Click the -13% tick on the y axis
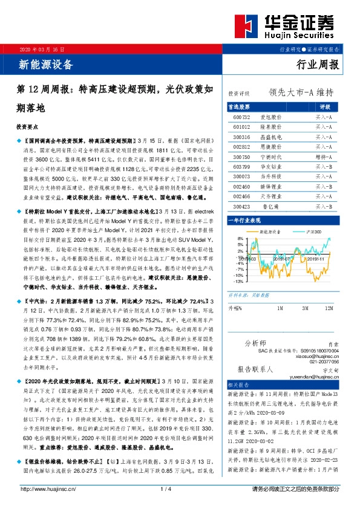click(x=240, y=281)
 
